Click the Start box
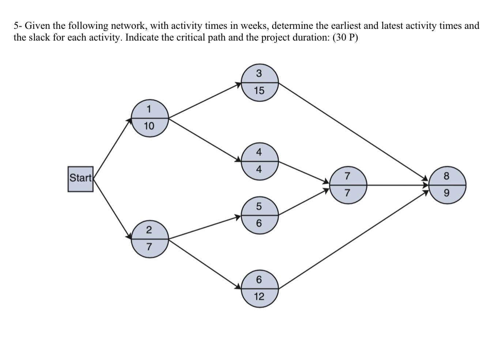coord(80,179)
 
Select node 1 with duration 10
coord(150,118)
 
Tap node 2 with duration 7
coord(150,239)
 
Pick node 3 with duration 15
coord(260,83)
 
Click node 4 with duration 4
coord(260,161)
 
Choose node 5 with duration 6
coord(260,215)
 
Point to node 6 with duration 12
coord(260,289)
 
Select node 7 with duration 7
coord(348,185)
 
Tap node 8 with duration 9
coord(447,185)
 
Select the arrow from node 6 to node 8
coord(353,240)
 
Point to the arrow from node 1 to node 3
coord(205,101)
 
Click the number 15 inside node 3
coord(259,91)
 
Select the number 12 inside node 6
coord(259,297)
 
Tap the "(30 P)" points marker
coord(345,38)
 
